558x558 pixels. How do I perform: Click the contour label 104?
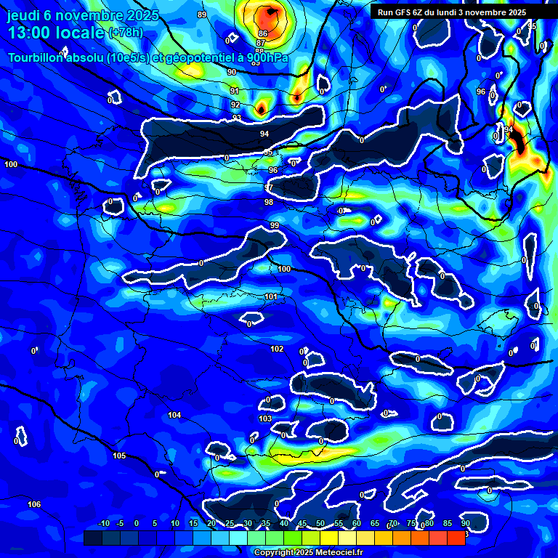click(x=174, y=415)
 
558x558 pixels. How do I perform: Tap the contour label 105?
click(x=119, y=456)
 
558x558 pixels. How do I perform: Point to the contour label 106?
click(x=34, y=504)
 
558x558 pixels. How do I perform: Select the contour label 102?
click(x=277, y=349)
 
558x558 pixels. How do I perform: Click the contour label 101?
click(x=271, y=296)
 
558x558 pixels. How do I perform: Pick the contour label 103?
click(x=265, y=418)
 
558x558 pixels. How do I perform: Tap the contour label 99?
click(x=275, y=226)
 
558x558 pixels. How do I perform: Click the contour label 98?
click(x=269, y=202)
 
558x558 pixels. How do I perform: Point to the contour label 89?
click(x=202, y=15)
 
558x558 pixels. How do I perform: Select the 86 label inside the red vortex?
click(x=262, y=33)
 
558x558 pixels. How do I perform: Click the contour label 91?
click(x=234, y=91)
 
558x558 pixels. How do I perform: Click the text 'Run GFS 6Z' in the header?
click(x=400, y=12)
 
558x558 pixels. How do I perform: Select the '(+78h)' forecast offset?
click(x=126, y=33)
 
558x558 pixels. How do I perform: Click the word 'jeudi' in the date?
click(x=23, y=15)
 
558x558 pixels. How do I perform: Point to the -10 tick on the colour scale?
click(x=103, y=523)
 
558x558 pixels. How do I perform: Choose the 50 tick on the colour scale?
click(x=320, y=523)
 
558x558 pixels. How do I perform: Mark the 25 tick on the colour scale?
click(x=230, y=523)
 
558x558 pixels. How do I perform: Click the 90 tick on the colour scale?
click(x=465, y=523)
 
